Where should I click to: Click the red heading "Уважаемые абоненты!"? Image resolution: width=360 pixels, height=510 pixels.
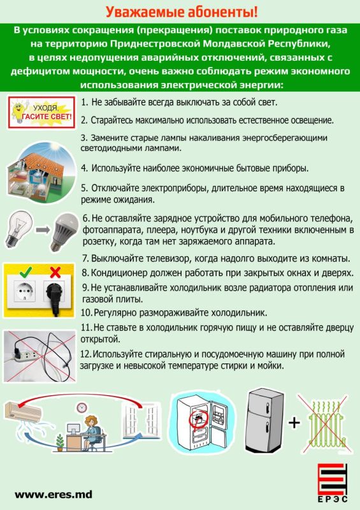182,12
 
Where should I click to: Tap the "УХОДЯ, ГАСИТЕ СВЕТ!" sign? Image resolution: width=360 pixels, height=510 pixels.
41,112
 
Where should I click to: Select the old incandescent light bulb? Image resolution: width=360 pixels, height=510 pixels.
19,228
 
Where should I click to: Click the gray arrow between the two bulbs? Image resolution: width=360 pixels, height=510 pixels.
43,230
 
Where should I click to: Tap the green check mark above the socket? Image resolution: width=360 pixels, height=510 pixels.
25,272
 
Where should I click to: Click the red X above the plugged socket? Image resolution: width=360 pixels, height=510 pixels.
55,272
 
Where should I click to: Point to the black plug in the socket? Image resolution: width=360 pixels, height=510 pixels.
54,298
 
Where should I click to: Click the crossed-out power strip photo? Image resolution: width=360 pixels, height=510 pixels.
40,356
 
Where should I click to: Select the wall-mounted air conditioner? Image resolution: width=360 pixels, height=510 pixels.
23,411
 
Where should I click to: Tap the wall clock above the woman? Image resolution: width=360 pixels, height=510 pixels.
82,407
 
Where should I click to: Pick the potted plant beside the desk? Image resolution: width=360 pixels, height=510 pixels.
59,442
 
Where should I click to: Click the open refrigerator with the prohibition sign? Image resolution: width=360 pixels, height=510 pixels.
203,422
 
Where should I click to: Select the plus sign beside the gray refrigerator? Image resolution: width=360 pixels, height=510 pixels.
294,423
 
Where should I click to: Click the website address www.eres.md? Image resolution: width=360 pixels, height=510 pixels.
54,495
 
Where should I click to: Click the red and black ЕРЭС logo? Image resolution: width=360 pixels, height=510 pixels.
332,483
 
